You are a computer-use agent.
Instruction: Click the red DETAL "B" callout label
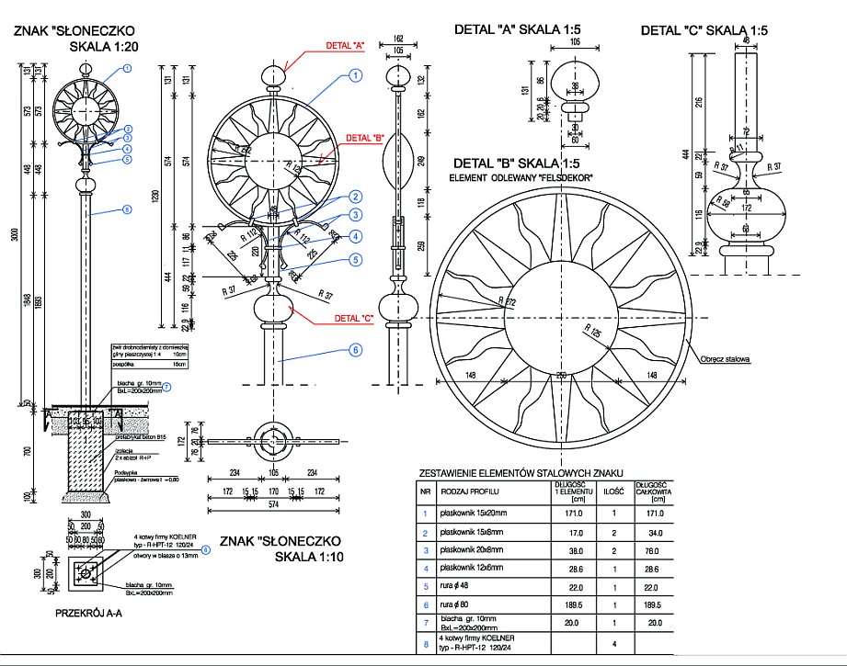366,138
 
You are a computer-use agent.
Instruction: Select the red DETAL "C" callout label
354,318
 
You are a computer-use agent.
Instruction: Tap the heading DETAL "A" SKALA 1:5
521,29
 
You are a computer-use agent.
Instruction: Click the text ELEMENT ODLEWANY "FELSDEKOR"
521,176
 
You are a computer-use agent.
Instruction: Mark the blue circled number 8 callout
205,550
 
